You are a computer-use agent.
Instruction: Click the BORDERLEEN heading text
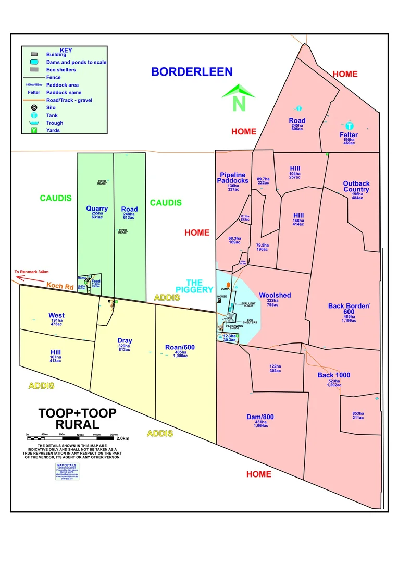(192, 72)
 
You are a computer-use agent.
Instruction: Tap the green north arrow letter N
(239, 103)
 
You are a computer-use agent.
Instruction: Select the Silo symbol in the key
(34, 108)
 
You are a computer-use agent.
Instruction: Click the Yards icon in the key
(34, 130)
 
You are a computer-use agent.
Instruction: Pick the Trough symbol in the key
(34, 123)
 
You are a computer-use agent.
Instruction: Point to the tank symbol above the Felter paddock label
(350, 126)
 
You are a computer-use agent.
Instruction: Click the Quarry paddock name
(97, 209)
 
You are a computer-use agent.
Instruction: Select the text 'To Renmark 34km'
(31, 272)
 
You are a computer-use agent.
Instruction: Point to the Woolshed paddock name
(275, 295)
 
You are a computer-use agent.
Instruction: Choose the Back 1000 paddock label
(334, 375)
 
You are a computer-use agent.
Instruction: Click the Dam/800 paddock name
(260, 417)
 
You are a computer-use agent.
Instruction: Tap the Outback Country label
(356, 186)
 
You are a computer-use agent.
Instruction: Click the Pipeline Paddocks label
(234, 177)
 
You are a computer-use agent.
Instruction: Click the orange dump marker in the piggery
(228, 285)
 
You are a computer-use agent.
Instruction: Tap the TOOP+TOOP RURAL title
(77, 419)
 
